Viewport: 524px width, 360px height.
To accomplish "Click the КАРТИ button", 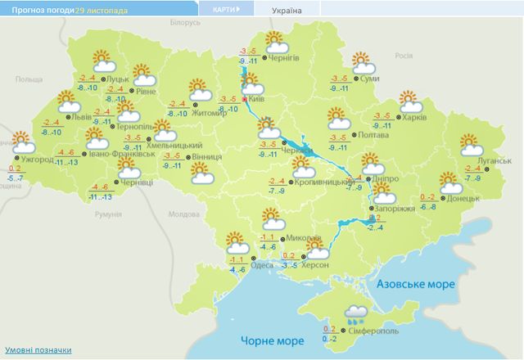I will [x=224, y=11].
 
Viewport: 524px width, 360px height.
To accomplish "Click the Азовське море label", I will [x=414, y=284].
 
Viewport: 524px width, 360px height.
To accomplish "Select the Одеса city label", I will [x=262, y=264].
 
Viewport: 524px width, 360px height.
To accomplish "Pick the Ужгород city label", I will [x=38, y=159].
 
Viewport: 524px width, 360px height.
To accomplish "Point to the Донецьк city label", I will [x=464, y=198].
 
